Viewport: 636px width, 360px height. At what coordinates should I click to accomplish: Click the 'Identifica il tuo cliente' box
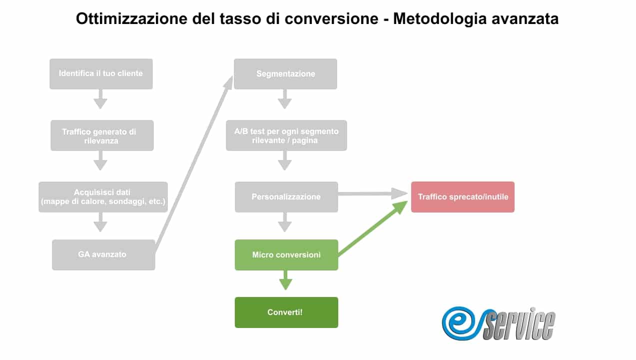(x=101, y=74)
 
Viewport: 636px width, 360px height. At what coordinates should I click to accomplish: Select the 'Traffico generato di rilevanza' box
(x=102, y=135)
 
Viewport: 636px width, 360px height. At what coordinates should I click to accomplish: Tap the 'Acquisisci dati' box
(x=103, y=197)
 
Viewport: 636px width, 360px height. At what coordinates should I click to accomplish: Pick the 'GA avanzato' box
(x=103, y=254)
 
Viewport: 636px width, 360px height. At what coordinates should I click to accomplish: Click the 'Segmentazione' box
(x=286, y=74)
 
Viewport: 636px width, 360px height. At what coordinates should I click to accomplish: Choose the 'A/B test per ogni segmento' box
(x=286, y=135)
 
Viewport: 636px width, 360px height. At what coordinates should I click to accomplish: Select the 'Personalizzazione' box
(x=286, y=197)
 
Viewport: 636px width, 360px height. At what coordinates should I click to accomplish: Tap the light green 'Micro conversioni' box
(x=286, y=255)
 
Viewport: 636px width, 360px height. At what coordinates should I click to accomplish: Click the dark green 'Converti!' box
(x=286, y=312)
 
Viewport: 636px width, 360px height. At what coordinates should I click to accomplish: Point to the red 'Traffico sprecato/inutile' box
(x=463, y=197)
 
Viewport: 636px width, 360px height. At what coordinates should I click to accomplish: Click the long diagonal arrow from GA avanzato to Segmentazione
(x=194, y=163)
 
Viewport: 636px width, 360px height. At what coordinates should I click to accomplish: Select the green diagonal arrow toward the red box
(x=373, y=228)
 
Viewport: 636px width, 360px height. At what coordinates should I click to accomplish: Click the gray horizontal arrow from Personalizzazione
(x=373, y=194)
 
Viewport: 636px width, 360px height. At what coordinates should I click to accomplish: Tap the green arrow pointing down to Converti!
(x=286, y=280)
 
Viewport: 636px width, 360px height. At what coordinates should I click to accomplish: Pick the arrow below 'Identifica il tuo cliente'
(x=100, y=99)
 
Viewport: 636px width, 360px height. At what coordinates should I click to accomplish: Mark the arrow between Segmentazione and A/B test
(x=285, y=99)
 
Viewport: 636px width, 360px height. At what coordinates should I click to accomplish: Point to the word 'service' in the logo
(x=520, y=324)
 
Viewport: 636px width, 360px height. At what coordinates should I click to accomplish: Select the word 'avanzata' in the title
(x=525, y=19)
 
